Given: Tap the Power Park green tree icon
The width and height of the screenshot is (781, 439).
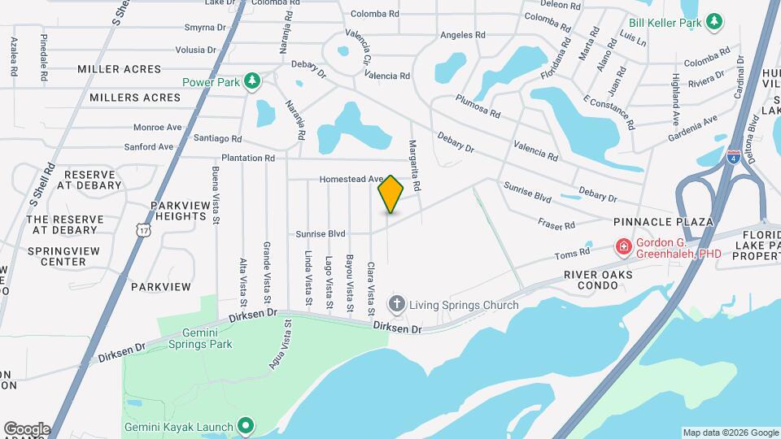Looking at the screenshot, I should (x=252, y=80).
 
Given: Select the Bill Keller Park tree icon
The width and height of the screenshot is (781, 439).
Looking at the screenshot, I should (x=714, y=22).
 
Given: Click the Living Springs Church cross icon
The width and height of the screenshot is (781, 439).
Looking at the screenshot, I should (x=397, y=305).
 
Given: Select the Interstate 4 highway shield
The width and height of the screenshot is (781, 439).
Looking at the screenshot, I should (x=734, y=153).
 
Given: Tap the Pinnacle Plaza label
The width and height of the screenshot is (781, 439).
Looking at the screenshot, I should (x=663, y=222).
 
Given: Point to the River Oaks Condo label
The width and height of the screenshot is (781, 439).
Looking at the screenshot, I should (x=598, y=280).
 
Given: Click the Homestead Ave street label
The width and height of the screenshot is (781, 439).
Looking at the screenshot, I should (x=351, y=179).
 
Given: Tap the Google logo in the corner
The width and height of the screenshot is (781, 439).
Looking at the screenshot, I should (x=27, y=429).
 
